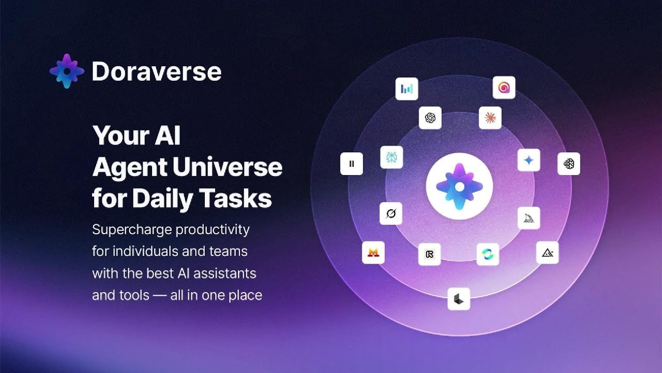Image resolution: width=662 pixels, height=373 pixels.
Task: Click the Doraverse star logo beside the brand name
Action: click(x=67, y=71)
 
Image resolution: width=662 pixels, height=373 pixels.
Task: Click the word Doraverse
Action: click(x=157, y=71)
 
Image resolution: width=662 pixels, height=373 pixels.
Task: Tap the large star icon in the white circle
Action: click(x=459, y=187)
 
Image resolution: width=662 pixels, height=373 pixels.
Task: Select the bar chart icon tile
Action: click(x=407, y=89)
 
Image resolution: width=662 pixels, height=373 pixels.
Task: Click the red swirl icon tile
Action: click(x=504, y=88)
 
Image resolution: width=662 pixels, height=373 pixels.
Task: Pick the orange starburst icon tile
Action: click(x=490, y=118)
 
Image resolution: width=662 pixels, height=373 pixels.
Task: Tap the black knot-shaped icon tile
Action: click(x=430, y=118)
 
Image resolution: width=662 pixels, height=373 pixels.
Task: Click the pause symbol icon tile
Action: click(x=352, y=164)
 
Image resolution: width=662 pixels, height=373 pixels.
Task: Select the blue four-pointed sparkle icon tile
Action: click(x=529, y=160)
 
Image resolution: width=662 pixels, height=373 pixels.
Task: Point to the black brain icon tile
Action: click(x=569, y=164)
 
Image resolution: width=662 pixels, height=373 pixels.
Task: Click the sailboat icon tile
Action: click(x=529, y=218)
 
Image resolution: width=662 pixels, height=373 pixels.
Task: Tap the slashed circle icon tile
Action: click(x=391, y=213)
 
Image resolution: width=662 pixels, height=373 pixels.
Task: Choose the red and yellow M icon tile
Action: click(x=373, y=252)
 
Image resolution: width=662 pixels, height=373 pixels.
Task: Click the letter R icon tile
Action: click(x=429, y=254)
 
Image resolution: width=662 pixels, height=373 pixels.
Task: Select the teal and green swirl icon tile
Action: click(x=488, y=254)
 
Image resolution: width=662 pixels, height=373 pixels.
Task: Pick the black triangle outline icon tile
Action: click(x=547, y=252)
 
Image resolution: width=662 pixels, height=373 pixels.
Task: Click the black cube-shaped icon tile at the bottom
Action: click(x=459, y=299)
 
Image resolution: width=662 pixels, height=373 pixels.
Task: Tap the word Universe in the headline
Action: click(x=228, y=167)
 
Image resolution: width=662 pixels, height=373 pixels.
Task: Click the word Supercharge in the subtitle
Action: click(x=132, y=230)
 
